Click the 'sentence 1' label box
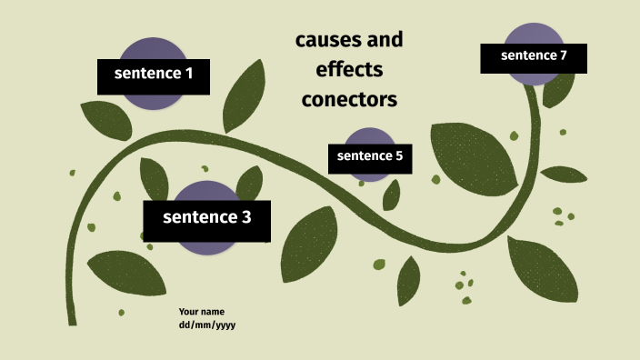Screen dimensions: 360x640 (x=154, y=75)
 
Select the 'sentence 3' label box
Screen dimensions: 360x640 (x=206, y=219)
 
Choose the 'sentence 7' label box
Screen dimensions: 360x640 (x=534, y=57)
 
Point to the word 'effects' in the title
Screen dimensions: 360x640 (x=349, y=70)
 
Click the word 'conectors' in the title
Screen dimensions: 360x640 (x=349, y=99)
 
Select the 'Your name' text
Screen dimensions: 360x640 (x=202, y=312)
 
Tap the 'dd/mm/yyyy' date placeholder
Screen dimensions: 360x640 (x=207, y=325)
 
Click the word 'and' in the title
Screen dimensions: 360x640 (x=383, y=41)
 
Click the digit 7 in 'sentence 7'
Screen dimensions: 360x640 (x=564, y=56)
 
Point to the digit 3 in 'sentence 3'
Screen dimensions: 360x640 (x=245, y=218)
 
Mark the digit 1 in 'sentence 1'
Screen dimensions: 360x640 (x=189, y=75)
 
